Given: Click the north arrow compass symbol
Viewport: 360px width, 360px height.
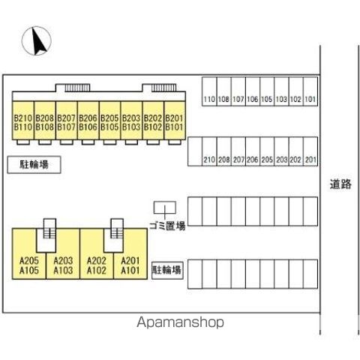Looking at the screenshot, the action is pos(37,40).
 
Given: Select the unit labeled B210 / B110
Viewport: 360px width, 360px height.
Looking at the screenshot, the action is pos(23,120).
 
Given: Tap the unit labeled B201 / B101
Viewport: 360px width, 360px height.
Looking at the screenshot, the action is pos(175,120).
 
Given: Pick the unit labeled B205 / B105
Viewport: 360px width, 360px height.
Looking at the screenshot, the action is pos(109,120).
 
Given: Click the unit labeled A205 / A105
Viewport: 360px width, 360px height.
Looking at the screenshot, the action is pos(29,265).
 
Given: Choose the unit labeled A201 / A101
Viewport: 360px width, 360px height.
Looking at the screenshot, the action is pos(130,265).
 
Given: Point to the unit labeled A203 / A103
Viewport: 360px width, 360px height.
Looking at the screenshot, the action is pos(63,265).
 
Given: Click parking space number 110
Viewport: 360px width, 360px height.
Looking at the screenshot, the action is pos(209,91).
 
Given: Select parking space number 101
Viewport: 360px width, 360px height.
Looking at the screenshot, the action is pos(310,91).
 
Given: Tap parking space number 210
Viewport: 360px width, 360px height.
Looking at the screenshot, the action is pos(209,151).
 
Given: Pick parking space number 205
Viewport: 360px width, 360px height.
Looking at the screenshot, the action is pos(267,151).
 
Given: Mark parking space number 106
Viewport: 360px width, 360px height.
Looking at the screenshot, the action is pos(253,91).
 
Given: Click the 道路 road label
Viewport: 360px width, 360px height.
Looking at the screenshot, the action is pos(340,184).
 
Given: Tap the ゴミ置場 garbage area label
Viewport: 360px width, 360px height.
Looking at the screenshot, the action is pos(167,226).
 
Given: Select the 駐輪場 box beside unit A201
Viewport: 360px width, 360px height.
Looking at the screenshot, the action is pos(167,270).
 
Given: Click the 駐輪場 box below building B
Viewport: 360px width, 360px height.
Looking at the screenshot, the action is pos(34,164).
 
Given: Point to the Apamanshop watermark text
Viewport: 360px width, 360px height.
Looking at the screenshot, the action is pos(180,322).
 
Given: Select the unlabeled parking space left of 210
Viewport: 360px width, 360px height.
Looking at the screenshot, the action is pos(195,151).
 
